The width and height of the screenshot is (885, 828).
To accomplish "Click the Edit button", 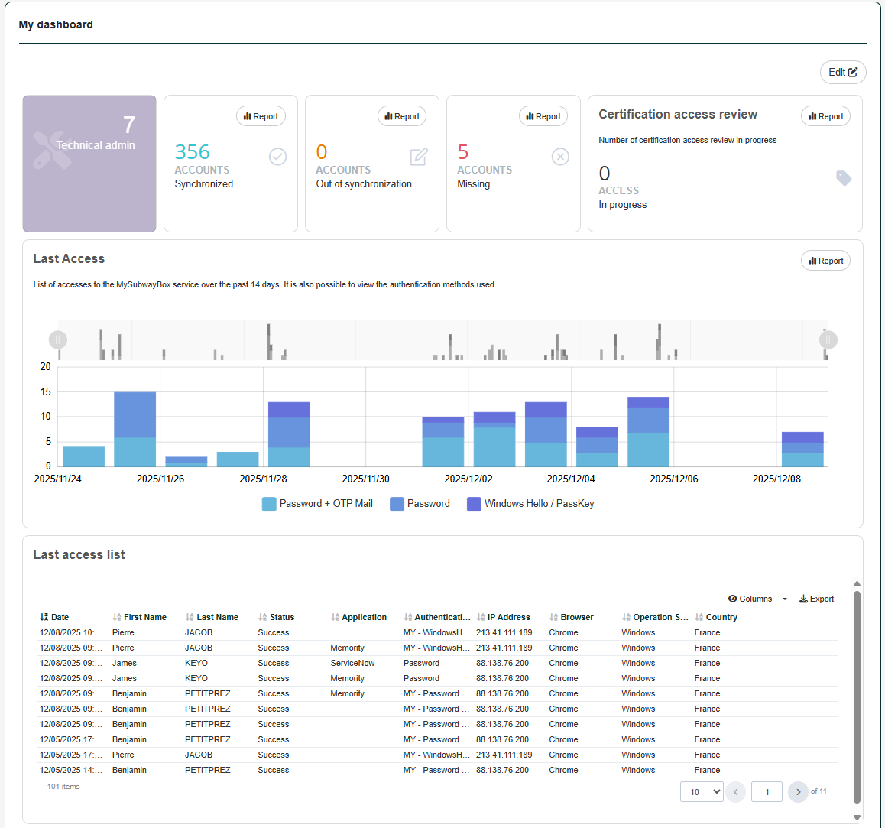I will (x=842, y=73).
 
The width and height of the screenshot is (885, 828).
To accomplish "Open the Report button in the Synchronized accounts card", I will (x=261, y=116).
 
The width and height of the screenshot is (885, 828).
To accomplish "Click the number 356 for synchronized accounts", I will (x=192, y=152).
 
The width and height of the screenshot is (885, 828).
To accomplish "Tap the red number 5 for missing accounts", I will (x=463, y=152).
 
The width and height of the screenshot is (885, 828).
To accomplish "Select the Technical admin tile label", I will (x=96, y=145).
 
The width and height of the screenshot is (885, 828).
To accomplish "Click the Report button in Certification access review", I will (x=825, y=116).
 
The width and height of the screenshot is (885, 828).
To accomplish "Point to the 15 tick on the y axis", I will (x=46, y=391).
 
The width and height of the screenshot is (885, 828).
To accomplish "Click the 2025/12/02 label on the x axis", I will (x=468, y=479).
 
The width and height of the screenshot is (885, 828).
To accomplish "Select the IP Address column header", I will (x=508, y=617).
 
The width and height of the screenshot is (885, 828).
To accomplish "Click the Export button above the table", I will (x=817, y=599).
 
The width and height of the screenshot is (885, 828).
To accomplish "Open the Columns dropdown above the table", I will (x=757, y=599).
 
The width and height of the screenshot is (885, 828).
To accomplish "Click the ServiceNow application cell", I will (x=352, y=663).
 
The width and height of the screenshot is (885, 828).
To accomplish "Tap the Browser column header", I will (x=576, y=617).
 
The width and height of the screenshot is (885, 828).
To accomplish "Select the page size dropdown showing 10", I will (x=702, y=792).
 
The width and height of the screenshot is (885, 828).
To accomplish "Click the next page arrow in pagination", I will (x=798, y=792).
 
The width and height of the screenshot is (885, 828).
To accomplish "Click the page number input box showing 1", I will (x=767, y=792).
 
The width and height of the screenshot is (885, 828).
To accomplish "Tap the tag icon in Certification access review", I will (x=844, y=178).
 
